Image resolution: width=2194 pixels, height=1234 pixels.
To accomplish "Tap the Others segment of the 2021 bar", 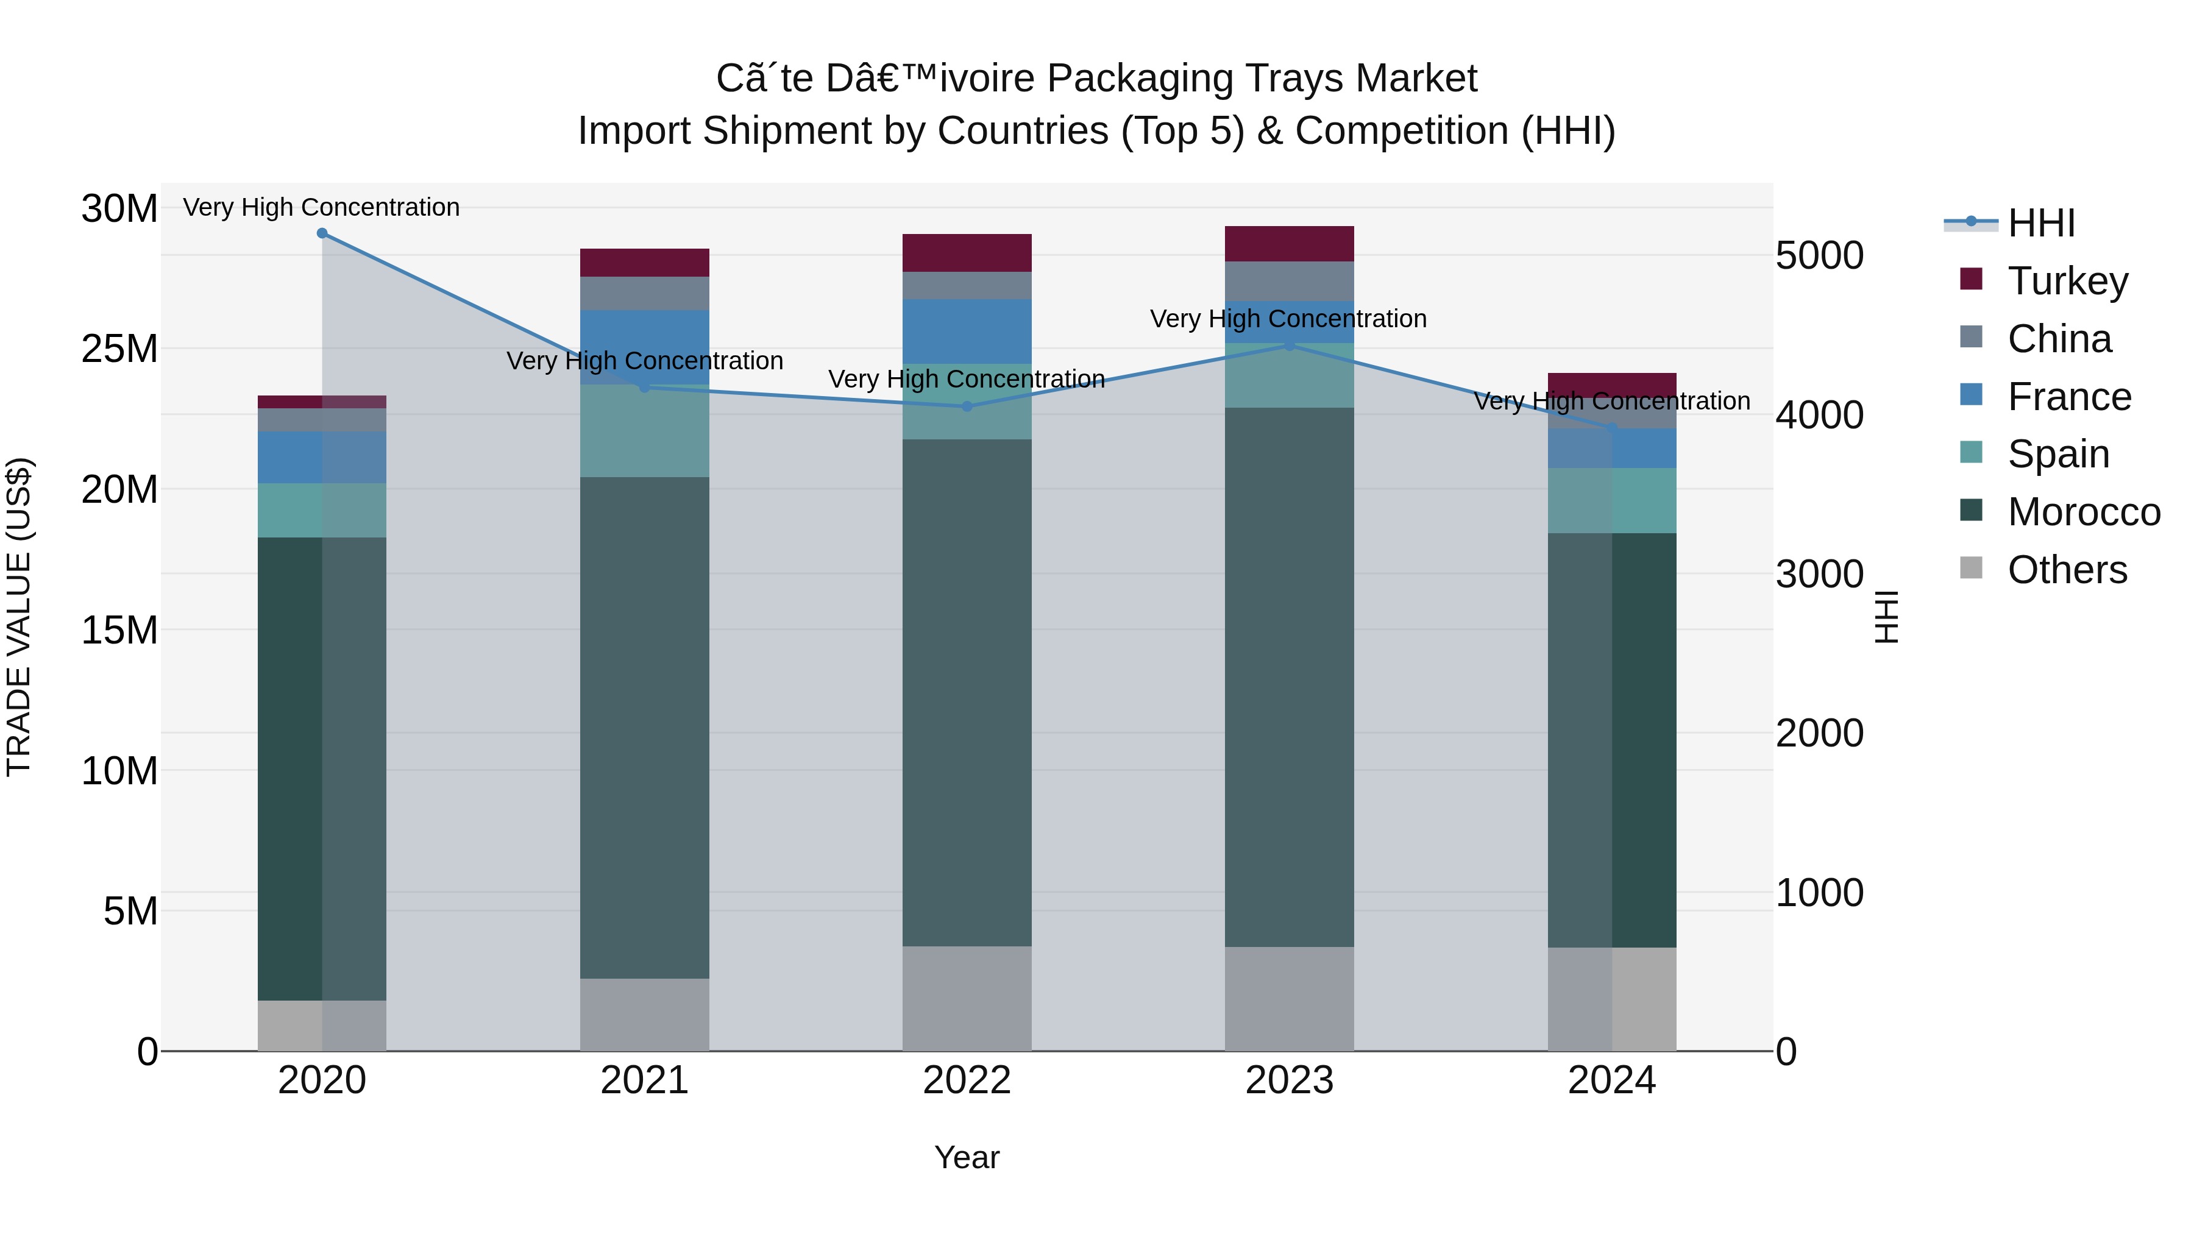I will [x=644, y=1013].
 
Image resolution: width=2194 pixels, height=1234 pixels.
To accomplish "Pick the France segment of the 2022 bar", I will [x=967, y=332].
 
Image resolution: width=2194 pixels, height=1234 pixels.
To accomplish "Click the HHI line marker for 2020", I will [x=322, y=233].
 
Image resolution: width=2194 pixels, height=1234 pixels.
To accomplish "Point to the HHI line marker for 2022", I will [x=967, y=407].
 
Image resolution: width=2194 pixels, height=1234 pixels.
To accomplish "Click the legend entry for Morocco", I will [x=2083, y=512].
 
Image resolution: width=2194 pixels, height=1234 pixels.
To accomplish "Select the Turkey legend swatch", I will [x=1971, y=279].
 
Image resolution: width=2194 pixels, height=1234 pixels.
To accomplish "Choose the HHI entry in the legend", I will [x=2040, y=223].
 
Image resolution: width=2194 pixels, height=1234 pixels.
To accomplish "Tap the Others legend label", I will [x=2067, y=570].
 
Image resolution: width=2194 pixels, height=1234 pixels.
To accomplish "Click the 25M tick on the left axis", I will [x=119, y=349].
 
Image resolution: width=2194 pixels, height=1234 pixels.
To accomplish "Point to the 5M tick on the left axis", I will [x=129, y=911].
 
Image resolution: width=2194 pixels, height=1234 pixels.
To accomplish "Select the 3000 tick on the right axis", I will [x=1819, y=574].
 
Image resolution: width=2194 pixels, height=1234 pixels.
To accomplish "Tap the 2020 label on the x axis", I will [x=322, y=1080].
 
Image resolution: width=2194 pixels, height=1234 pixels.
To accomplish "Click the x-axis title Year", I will [x=967, y=1157].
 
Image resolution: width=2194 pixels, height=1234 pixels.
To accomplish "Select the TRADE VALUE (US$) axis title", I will [x=19, y=617].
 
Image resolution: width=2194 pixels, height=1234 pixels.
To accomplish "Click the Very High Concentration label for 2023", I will [x=1288, y=319].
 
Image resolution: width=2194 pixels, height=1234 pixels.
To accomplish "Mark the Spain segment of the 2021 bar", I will [x=644, y=431].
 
